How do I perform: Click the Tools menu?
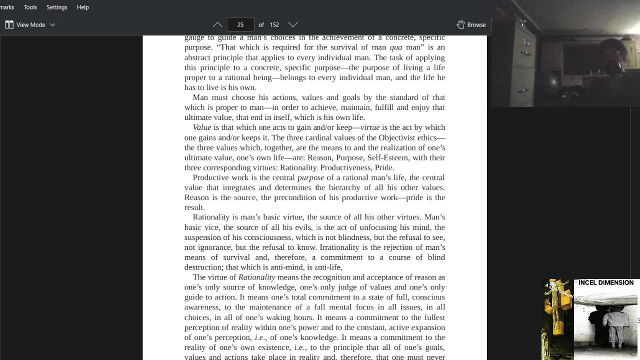tap(30, 7)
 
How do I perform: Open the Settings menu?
tap(57, 7)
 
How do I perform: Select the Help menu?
tap(83, 7)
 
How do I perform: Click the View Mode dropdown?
tap(30, 24)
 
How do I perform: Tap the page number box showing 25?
tap(240, 24)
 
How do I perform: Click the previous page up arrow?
tap(217, 24)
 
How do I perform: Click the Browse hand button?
tap(471, 24)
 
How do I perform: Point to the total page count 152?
tap(274, 24)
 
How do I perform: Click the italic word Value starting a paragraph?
tap(202, 127)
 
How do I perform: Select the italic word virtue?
tap(370, 127)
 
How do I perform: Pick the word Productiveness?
tap(345, 167)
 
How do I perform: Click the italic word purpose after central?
tap(311, 177)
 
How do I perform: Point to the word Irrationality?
tap(339, 247)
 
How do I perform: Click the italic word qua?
tap(396, 47)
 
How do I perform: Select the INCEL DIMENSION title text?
tap(606, 282)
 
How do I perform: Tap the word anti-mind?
tap(287, 267)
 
